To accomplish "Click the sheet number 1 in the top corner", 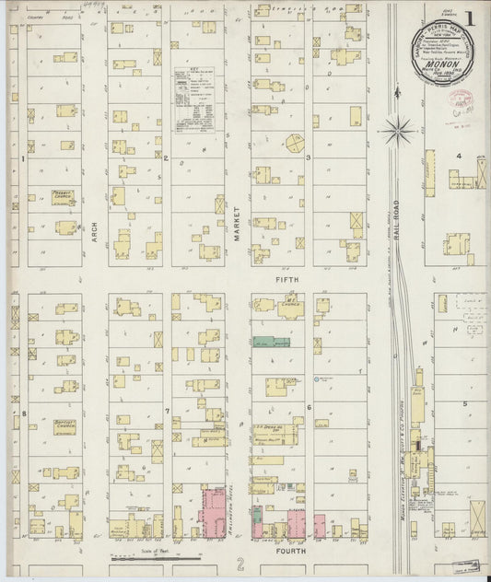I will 472,18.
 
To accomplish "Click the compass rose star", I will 399,129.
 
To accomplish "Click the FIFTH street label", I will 282,276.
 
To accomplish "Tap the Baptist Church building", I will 64,427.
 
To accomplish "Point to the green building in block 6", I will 272,342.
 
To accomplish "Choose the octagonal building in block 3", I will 294,143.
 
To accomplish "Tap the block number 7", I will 167,411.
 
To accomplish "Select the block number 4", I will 458,156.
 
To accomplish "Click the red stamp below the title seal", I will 461,99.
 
